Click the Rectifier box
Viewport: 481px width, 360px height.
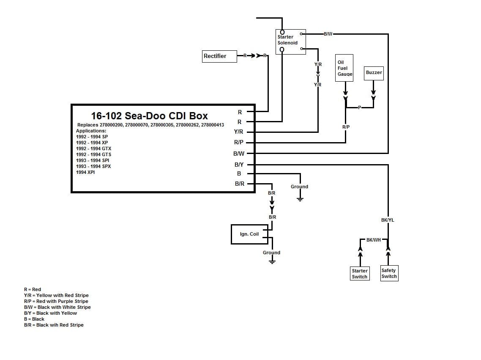pyautogui.click(x=219, y=56)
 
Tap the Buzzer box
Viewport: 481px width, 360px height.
pyautogui.click(x=374, y=72)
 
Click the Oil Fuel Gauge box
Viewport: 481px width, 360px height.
pyautogui.click(x=344, y=68)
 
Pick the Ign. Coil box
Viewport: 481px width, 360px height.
pyautogui.click(x=249, y=234)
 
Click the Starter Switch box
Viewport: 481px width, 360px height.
pyautogui.click(x=360, y=274)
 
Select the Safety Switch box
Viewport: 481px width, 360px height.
pyautogui.click(x=389, y=273)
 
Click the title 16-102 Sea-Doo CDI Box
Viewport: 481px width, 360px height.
pyautogui.click(x=149, y=115)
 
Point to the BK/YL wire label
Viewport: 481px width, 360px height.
pyautogui.click(x=387, y=220)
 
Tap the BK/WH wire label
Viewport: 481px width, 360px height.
pyautogui.click(x=373, y=240)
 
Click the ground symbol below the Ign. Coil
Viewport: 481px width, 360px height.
pyautogui.click(x=272, y=261)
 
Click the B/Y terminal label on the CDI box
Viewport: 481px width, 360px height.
pyautogui.click(x=239, y=165)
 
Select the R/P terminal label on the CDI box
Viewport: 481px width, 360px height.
pyautogui.click(x=239, y=143)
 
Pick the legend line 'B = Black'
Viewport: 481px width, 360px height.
pyautogui.click(x=34, y=319)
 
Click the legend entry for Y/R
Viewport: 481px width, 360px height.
pyautogui.click(x=56, y=295)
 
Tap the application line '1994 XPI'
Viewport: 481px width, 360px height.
pyautogui.click(x=85, y=172)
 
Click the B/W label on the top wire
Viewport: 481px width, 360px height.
pyautogui.click(x=328, y=33)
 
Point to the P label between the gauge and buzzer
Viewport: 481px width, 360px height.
pyautogui.click(x=359, y=107)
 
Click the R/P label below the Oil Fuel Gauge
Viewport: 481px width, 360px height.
pyautogui.click(x=346, y=127)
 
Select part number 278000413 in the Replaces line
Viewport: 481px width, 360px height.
pyautogui.click(x=213, y=125)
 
